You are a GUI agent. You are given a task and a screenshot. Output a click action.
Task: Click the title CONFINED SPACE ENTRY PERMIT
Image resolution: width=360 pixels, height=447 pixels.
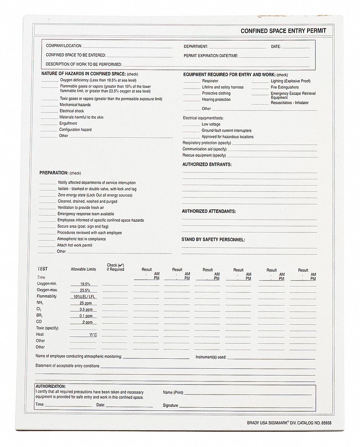click(283, 31)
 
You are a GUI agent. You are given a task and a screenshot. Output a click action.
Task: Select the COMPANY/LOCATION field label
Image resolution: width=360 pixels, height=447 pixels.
click(64, 46)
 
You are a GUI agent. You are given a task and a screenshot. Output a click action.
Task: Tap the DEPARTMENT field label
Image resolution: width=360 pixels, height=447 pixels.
click(195, 46)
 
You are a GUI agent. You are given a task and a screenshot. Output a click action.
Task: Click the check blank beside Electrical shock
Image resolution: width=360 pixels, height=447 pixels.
click(49, 111)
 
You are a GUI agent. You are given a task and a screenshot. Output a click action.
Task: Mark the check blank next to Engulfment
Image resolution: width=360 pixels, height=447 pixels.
click(49, 124)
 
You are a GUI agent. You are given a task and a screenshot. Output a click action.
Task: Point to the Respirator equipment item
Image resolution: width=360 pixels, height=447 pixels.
click(210, 81)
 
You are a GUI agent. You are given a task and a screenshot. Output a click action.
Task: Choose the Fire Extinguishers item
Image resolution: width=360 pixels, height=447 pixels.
click(285, 87)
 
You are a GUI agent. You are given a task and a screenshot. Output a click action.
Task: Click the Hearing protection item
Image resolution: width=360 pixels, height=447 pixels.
click(216, 100)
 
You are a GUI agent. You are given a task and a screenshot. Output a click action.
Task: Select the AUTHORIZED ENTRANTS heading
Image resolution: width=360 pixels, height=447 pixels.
click(207, 164)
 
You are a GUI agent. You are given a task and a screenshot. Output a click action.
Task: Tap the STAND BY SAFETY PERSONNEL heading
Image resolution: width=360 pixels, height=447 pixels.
click(213, 240)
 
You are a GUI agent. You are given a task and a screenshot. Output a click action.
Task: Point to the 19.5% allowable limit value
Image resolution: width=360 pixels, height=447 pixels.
click(85, 284)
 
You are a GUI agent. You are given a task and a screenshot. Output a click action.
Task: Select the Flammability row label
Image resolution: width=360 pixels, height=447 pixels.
click(47, 296)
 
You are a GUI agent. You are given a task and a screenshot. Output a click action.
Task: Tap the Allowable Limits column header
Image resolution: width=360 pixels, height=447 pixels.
click(83, 269)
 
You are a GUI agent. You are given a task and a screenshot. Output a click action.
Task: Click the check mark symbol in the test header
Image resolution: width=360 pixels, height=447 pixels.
click(121, 265)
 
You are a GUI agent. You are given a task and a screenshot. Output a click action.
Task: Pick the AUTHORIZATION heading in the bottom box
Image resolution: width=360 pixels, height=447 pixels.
click(50, 386)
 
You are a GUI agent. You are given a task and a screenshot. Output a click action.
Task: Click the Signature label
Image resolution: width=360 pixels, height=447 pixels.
click(170, 406)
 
